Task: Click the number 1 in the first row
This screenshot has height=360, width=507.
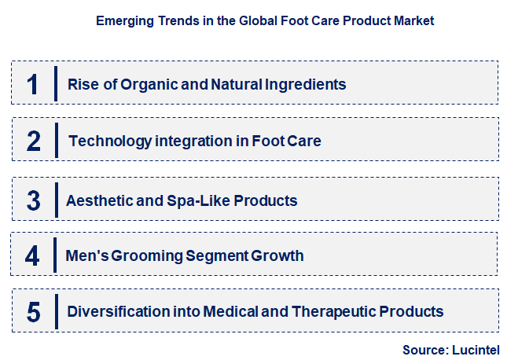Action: pyautogui.click(x=32, y=84)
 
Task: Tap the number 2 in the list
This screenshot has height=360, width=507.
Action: pyautogui.click(x=33, y=141)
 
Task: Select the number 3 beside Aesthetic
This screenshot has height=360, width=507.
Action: pyautogui.click(x=33, y=200)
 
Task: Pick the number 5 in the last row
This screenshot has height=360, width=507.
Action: pyautogui.click(x=33, y=312)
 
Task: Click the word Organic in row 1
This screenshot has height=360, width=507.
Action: pyautogui.click(x=146, y=84)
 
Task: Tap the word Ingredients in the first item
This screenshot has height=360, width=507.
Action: pyautogui.click(x=305, y=84)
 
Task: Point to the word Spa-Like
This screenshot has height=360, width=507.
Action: pyautogui.click(x=192, y=200)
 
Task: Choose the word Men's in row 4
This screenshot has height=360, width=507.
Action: pyautogui.click(x=85, y=256)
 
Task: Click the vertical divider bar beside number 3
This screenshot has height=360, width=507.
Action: pyautogui.click(x=56, y=200)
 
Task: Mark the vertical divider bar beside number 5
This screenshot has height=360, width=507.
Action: pyautogui.click(x=56, y=311)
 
